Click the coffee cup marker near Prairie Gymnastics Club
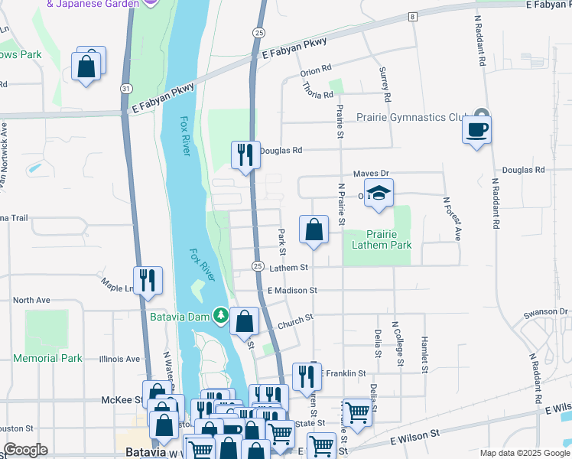[476, 129]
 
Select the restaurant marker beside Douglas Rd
[244, 155]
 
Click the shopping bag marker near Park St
[314, 229]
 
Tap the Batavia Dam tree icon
[221, 315]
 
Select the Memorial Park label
[47, 358]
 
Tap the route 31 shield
[124, 89]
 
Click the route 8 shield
[412, 17]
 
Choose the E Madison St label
[292, 291]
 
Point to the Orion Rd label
[316, 71]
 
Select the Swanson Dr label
[546, 312]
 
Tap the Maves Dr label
[371, 174]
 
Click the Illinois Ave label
[121, 358]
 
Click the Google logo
[24, 450]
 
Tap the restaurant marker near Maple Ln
[148, 280]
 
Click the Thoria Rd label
[319, 95]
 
